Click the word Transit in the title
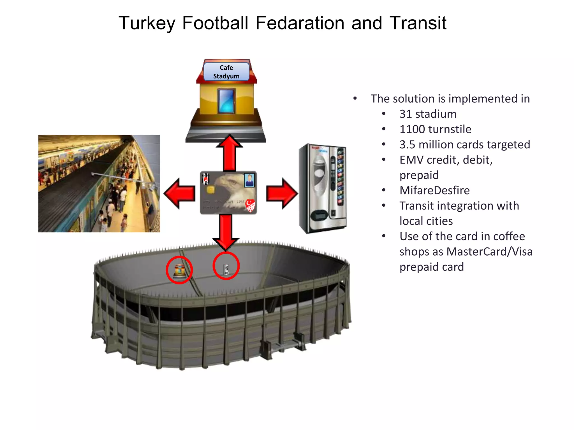pos(418,23)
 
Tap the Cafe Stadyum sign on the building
pos(226,72)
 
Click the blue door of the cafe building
pos(226,101)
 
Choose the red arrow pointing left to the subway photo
pos(179,193)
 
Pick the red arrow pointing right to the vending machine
pos(282,193)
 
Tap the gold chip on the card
pos(210,190)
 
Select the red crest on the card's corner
pos(250,206)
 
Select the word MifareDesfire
pos(434,190)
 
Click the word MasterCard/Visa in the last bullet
pos(489,251)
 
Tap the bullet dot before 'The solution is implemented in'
pos(355,99)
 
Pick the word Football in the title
pos(215,23)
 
